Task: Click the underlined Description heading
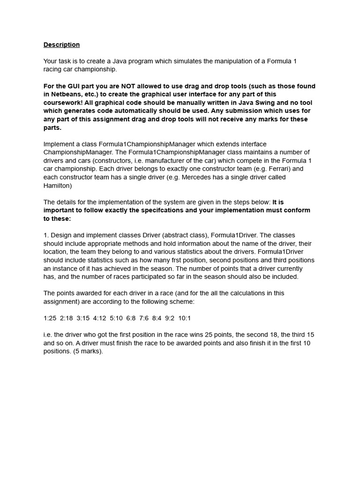(61, 45)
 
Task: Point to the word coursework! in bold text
(62, 103)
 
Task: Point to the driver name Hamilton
(57, 186)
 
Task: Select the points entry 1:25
(50, 318)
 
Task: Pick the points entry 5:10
(116, 318)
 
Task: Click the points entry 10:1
(184, 318)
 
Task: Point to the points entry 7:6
(144, 318)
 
